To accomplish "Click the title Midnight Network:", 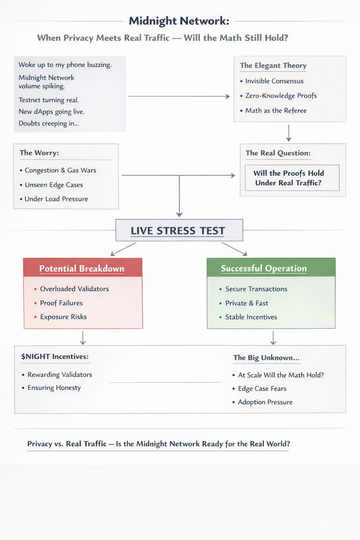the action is coord(179,21).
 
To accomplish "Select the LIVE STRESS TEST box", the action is coord(179,231).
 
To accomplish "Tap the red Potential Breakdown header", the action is coord(82,269).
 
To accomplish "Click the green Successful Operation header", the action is coord(264,268).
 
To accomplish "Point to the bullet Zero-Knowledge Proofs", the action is coord(281,96).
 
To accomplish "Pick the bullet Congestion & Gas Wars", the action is coord(60,171).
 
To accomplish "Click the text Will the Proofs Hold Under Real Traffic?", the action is coord(289,178).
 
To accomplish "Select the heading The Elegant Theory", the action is coord(273,66).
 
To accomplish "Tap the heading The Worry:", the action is coord(39,153).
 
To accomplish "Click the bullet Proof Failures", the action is coord(61,303).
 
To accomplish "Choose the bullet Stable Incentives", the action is coord(251,317).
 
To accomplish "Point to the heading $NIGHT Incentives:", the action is coord(55,357).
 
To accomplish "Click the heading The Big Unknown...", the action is coord(266,358).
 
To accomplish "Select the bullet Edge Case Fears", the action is coord(262,389).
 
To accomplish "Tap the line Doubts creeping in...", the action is coord(49,123).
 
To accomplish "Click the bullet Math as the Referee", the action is coord(276,111).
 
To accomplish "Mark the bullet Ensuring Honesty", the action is coord(54,388).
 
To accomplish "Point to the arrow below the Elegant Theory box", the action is coord(289,133).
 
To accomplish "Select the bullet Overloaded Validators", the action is coord(74,289).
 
